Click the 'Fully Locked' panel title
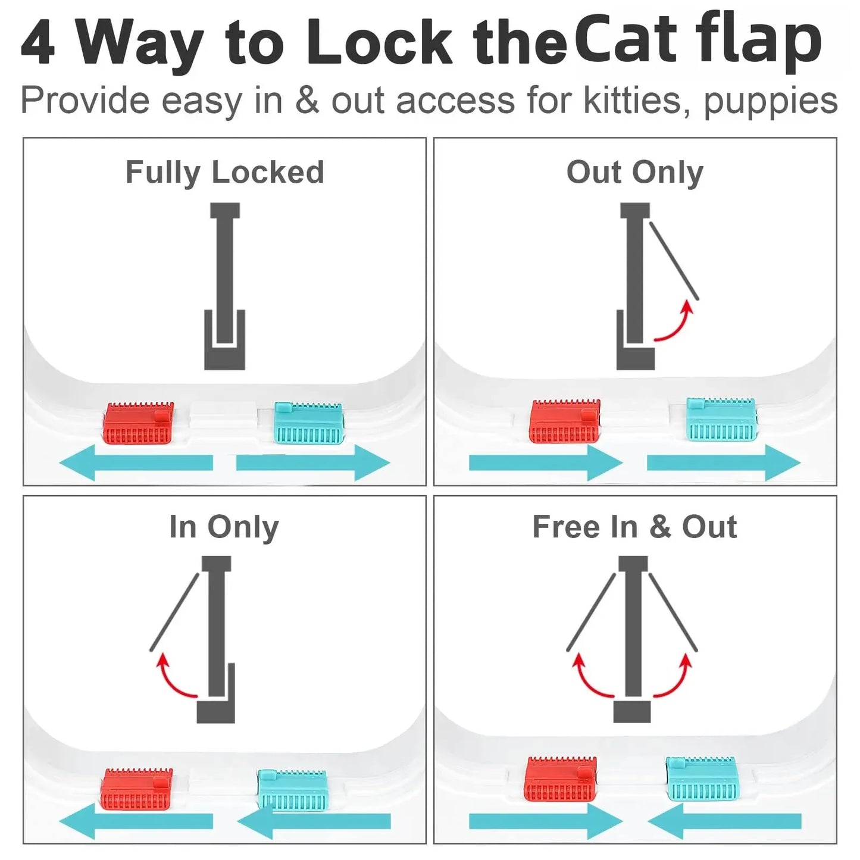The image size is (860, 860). coord(224,173)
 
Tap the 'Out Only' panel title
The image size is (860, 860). coord(634,173)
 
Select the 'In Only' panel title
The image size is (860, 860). coord(224,527)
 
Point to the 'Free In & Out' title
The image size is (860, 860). coord(634,527)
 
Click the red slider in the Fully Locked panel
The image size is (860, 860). coord(139,424)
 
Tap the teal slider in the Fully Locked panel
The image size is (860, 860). coord(308,424)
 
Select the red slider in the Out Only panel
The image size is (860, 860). coord(564,421)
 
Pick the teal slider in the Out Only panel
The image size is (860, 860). coord(721,420)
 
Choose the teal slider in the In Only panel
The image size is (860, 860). coord(292,790)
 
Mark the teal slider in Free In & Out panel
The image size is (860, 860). coord(702,778)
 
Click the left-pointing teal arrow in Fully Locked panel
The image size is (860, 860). coord(136,462)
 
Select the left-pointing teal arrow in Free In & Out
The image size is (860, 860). coord(724,822)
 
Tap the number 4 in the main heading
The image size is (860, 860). coord(38,43)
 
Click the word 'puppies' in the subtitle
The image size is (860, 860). coord(770,101)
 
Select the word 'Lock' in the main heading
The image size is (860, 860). coord(379,43)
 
